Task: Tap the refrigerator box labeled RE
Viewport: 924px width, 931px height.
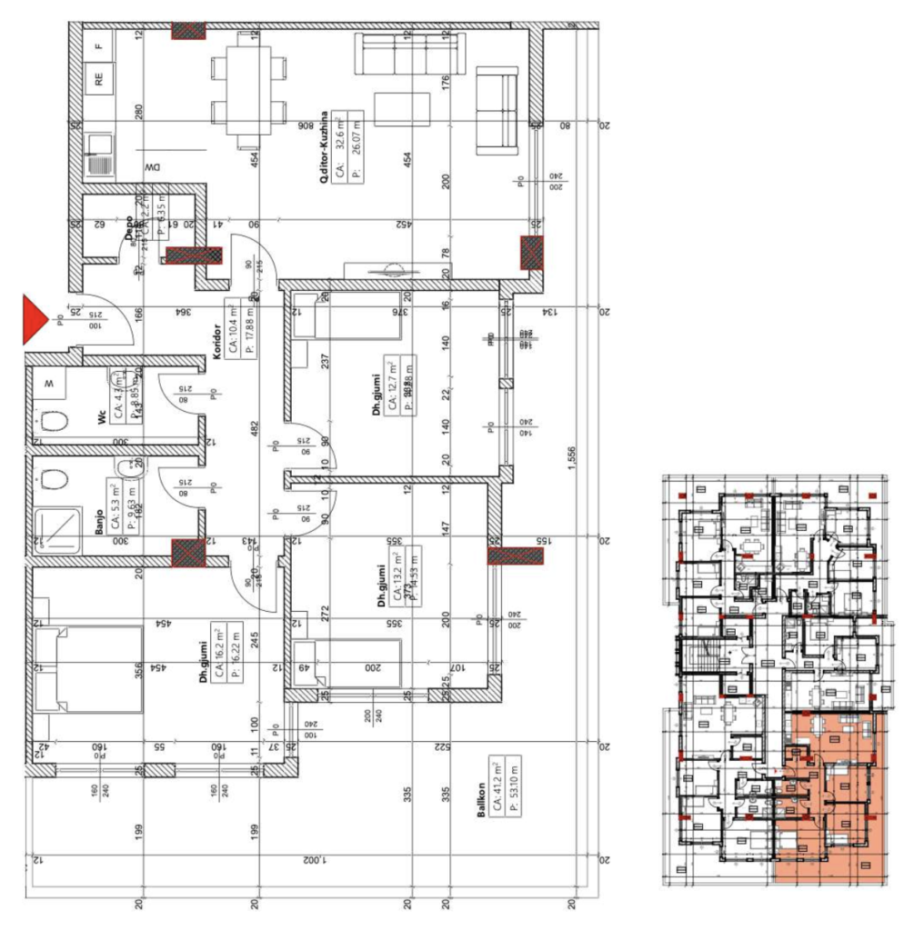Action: coord(98,79)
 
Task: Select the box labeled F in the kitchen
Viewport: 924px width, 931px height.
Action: coord(99,42)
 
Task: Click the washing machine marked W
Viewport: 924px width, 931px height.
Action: coord(51,384)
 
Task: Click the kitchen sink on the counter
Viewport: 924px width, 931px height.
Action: coord(98,155)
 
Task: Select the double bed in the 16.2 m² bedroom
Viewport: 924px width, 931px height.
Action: coord(87,667)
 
